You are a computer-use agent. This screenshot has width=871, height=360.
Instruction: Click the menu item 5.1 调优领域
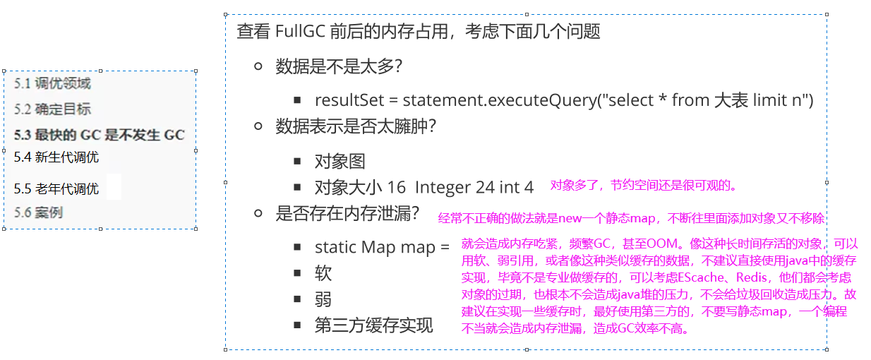[52, 84]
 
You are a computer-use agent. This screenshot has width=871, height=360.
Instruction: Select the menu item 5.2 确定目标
[52, 109]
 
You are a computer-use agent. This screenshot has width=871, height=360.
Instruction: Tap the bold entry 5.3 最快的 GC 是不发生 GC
[99, 134]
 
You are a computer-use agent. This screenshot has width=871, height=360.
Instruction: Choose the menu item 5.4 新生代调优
[56, 157]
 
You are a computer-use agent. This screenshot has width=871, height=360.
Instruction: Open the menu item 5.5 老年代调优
[56, 189]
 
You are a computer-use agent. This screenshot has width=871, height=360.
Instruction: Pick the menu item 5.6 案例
[38, 212]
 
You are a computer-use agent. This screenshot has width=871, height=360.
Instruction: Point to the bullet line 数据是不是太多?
[339, 66]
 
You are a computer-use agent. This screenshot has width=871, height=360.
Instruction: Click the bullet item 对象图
[340, 162]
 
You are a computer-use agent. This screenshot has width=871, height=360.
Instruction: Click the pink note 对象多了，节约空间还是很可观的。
[644, 186]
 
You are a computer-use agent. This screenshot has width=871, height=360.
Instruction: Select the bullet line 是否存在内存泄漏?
[347, 213]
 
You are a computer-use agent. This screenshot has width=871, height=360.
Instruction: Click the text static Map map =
[382, 248]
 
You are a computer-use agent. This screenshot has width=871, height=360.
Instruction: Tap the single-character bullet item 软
[323, 274]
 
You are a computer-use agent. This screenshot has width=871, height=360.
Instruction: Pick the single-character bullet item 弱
[323, 300]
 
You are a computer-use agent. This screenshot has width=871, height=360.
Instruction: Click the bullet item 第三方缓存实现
[373, 325]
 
